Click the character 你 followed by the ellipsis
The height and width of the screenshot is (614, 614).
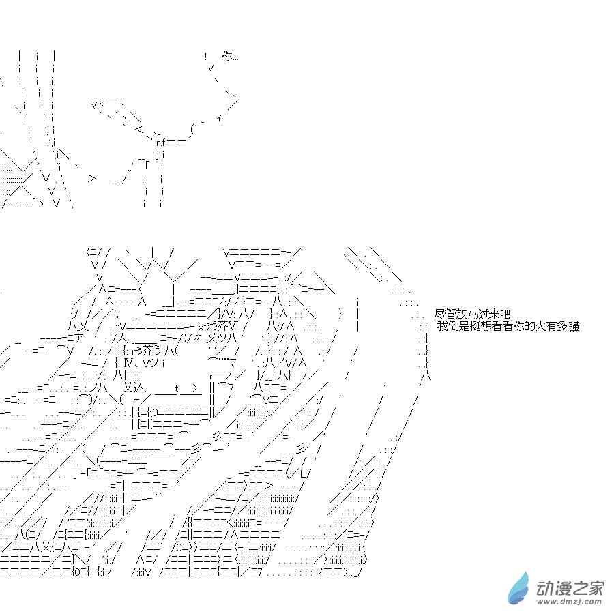point(226,56)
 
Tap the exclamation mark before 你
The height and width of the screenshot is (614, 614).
point(205,56)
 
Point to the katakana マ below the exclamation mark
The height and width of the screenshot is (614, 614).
point(211,68)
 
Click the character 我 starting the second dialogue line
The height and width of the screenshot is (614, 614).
point(443,327)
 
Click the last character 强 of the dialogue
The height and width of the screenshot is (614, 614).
point(574,327)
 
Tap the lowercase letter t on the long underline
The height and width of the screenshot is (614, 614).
point(176,388)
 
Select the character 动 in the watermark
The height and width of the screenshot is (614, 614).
point(546,586)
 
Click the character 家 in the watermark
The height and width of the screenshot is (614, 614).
point(595,586)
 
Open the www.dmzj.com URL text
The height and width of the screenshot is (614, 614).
point(570,602)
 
